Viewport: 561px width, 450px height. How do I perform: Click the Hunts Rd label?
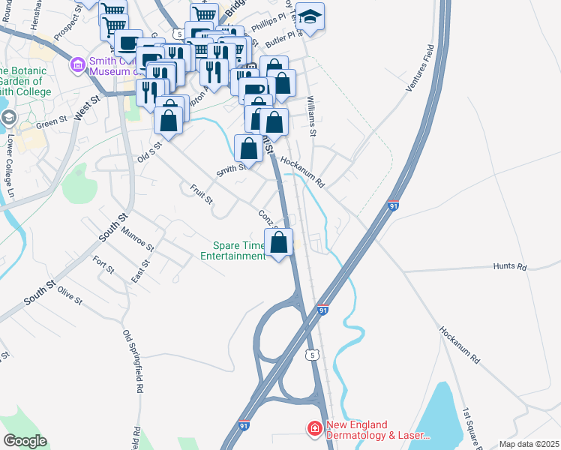[510, 266]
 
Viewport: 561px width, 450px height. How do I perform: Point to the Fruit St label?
[202, 195]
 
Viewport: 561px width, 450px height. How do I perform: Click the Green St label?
[52, 123]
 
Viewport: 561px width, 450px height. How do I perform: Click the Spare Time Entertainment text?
[232, 250]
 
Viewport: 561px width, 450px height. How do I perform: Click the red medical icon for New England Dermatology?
[314, 428]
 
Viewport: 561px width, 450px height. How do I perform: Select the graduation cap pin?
[309, 16]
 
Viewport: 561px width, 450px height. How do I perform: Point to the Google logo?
[24, 441]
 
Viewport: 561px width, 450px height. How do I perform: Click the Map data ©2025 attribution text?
[529, 444]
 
